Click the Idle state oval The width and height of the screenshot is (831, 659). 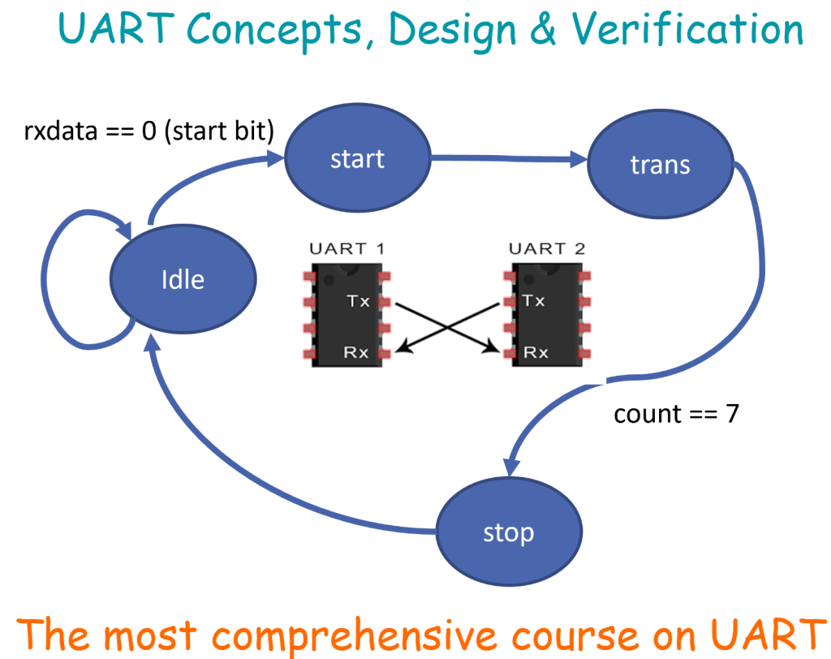[182, 280]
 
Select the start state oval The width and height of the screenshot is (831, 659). [357, 158]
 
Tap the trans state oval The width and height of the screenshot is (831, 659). [660, 165]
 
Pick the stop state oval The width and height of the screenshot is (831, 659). [509, 532]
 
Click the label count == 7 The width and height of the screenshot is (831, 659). [675, 415]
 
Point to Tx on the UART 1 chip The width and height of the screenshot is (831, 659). [358, 301]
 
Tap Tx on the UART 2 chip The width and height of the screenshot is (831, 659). [533, 301]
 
